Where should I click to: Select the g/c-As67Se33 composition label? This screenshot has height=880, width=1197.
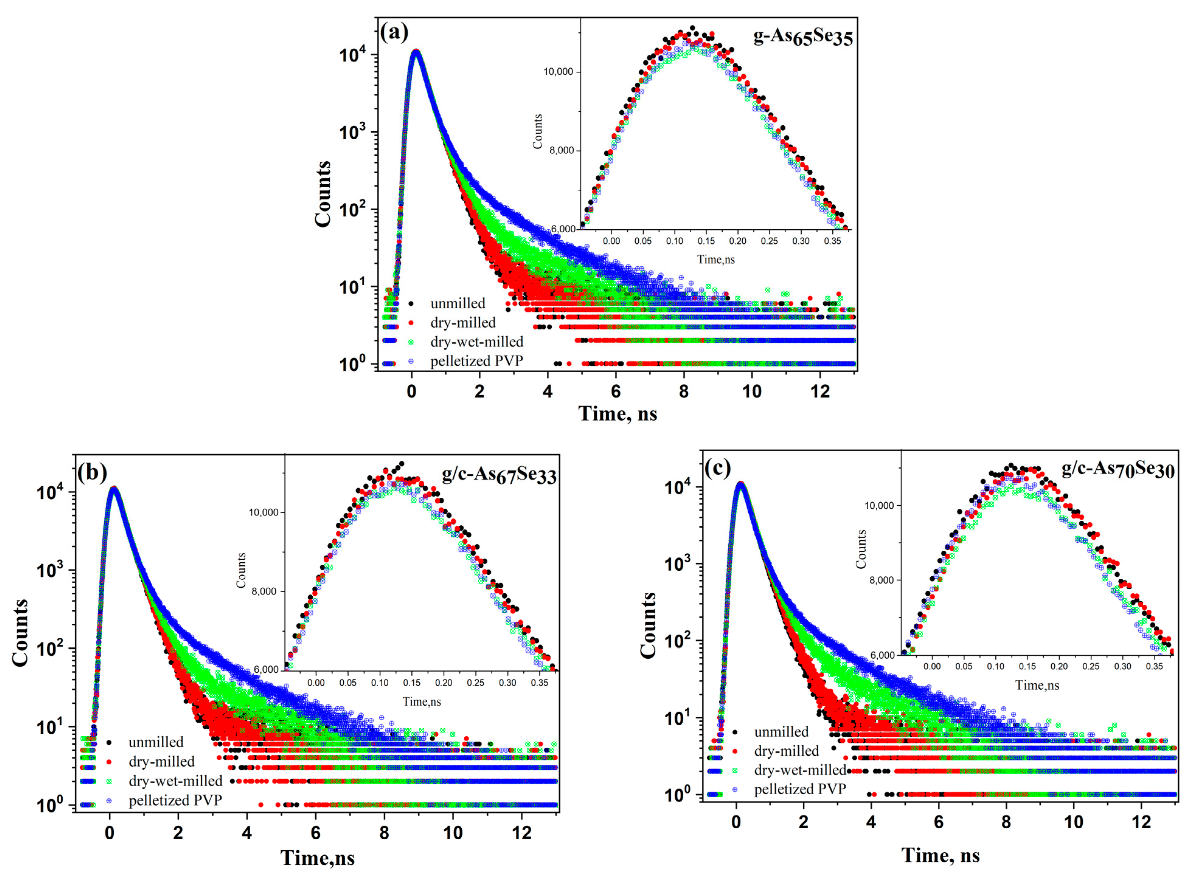pyautogui.click(x=499, y=475)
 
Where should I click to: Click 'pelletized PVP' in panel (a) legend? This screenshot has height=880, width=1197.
pyautogui.click(x=476, y=361)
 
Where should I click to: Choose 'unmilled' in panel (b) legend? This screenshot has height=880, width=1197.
pyautogui.click(x=155, y=742)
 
